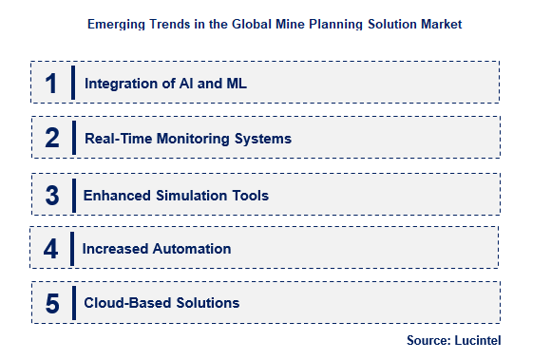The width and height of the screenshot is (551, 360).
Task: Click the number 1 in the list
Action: click(x=51, y=83)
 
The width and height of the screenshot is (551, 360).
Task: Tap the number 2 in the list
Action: click(x=52, y=138)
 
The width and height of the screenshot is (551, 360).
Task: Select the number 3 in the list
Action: click(x=52, y=195)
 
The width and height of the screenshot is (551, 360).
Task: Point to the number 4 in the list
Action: click(x=51, y=249)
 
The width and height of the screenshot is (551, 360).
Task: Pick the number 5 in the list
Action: click(x=52, y=303)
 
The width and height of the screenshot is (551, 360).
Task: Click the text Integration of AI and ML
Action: click(x=166, y=84)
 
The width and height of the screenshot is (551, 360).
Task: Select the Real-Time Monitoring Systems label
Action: click(x=187, y=139)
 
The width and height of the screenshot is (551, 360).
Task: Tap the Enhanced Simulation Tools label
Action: click(x=176, y=196)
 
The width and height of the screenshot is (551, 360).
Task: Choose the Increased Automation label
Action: click(x=157, y=249)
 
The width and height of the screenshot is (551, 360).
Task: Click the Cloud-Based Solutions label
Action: click(x=161, y=304)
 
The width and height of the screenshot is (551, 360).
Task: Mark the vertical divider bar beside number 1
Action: click(x=73, y=83)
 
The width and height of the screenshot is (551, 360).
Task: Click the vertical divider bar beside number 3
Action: click(x=72, y=195)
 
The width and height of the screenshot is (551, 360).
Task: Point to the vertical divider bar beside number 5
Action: click(x=73, y=303)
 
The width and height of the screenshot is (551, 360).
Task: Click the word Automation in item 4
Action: click(x=195, y=249)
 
